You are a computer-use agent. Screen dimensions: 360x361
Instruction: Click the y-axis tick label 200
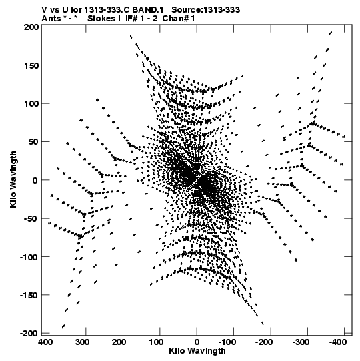pos(31,27)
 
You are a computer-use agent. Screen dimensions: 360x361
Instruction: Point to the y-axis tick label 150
pos(31,65)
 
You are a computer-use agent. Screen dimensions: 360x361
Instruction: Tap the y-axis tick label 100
pos(31,103)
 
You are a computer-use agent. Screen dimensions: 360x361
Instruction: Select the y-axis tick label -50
pos(30,218)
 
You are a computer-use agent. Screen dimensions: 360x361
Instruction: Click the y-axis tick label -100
pos(29,257)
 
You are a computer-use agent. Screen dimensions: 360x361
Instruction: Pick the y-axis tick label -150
pos(29,295)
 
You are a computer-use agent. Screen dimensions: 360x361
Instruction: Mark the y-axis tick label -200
pos(29,333)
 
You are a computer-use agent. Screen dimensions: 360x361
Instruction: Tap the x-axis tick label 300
pos(82,342)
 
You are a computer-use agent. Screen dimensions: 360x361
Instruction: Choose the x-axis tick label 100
pos(156,342)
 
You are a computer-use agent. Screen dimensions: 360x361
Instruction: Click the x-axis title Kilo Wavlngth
pos(197,350)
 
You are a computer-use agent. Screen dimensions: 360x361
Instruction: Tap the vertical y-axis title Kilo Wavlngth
pos(13,179)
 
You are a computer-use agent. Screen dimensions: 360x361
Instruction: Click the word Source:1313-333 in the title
pos(205,10)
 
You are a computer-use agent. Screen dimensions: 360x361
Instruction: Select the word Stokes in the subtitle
pos(102,18)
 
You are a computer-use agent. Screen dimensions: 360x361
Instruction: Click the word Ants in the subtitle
pos(51,18)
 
